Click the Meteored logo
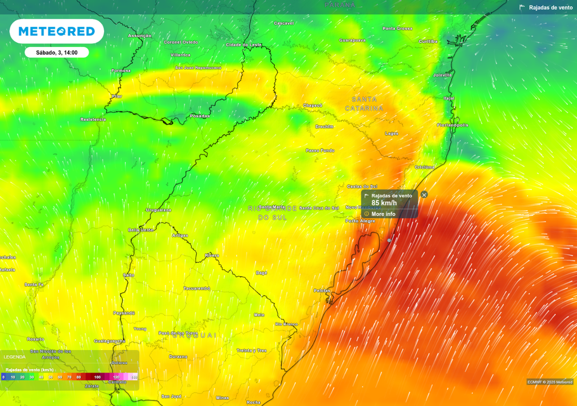tap(56, 32)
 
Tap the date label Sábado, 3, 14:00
tap(56, 52)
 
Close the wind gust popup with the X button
tap(424, 195)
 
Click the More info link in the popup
tap(383, 214)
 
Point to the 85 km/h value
tap(384, 203)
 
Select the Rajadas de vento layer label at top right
tap(551, 7)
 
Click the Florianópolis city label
tap(452, 125)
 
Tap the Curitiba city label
tap(428, 41)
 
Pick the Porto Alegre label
tap(360, 221)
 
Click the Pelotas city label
tap(322, 290)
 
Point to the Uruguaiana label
tap(158, 210)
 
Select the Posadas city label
tap(200, 116)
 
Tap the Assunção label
tap(140, 36)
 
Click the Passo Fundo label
tap(319, 151)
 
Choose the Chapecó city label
tap(313, 105)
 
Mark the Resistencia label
tap(93, 120)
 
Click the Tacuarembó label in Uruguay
tap(197, 288)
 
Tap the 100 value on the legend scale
tap(97, 377)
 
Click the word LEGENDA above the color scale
tap(15, 357)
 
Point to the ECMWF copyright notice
tap(550, 382)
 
